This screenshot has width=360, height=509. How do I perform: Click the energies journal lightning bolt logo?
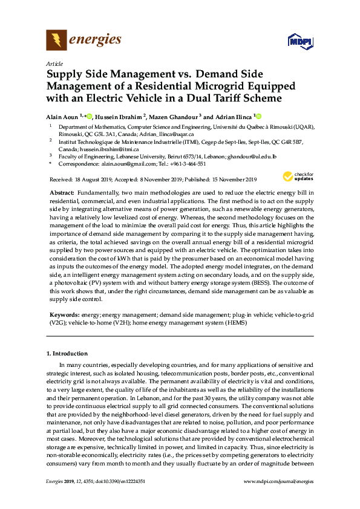(56, 41)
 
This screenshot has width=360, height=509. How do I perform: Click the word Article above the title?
(54, 63)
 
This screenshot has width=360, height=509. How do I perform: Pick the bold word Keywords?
(64, 316)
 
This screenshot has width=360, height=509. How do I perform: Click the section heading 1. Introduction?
(67, 354)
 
